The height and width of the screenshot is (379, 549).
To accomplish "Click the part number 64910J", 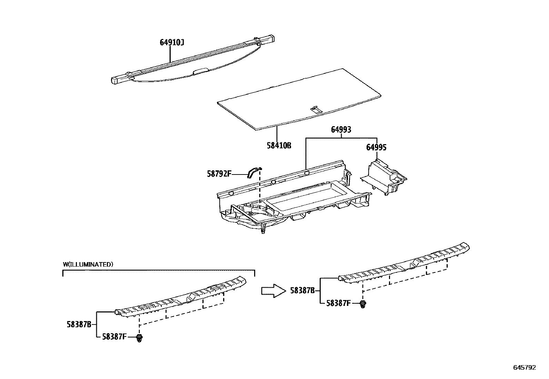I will click(172, 42).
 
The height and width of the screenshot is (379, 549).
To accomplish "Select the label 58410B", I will click(279, 146).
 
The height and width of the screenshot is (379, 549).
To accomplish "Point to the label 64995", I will click(376, 148).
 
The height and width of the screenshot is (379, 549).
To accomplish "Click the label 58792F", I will click(219, 174).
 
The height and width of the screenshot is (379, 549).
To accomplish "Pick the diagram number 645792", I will click(525, 368).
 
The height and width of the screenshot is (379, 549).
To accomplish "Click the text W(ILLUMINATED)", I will click(88, 265).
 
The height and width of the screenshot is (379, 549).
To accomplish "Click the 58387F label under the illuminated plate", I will click(114, 337).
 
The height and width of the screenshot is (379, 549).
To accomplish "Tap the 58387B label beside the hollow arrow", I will click(302, 291).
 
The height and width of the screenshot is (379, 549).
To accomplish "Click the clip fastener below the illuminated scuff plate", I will click(139, 338).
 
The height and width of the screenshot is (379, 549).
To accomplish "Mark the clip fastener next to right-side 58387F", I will click(362, 304).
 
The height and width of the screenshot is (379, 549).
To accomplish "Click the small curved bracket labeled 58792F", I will click(254, 171).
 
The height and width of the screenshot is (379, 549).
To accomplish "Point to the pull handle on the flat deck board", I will click(315, 109).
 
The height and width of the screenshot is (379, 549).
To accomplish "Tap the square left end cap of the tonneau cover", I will click(116, 80).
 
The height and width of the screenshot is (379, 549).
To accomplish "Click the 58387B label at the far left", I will click(79, 324).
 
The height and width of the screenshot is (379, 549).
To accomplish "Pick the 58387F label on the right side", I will click(338, 303).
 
